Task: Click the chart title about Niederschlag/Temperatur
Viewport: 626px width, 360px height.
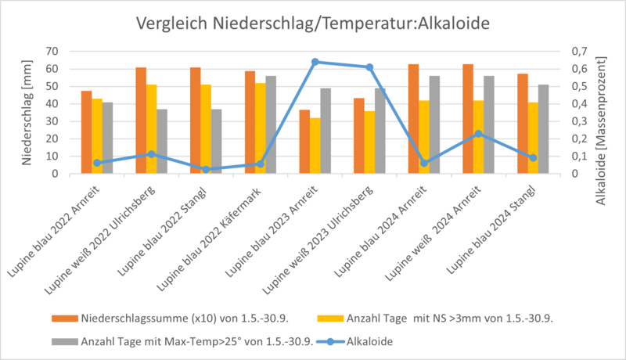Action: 313,23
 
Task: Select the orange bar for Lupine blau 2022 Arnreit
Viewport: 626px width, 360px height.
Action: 86,132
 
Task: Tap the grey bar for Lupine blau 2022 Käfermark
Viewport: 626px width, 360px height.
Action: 272,124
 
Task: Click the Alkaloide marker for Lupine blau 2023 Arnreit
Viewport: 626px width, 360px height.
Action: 315,62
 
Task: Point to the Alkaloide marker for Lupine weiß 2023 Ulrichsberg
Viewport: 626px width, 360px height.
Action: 369,67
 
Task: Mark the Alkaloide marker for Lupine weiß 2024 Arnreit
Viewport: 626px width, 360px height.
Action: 479,134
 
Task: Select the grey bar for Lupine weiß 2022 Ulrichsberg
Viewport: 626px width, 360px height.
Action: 163,141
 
